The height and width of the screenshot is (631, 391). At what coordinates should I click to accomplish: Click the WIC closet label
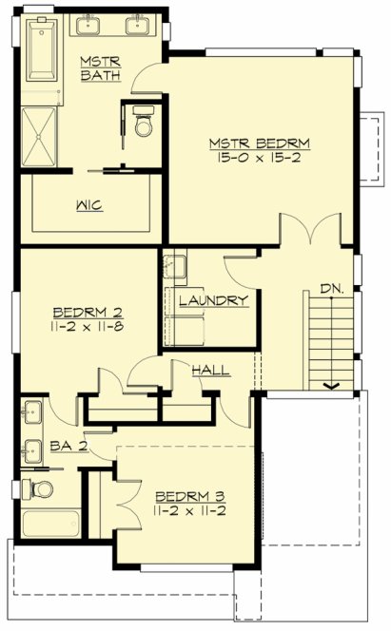coord(90,204)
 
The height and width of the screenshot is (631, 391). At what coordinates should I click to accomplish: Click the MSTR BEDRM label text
coord(261,144)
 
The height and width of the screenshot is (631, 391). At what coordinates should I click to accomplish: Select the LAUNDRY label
coord(213,300)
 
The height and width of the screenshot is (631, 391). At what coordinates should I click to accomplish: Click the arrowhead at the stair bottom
coord(332,385)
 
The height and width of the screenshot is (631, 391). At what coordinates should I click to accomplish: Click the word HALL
coord(210,369)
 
